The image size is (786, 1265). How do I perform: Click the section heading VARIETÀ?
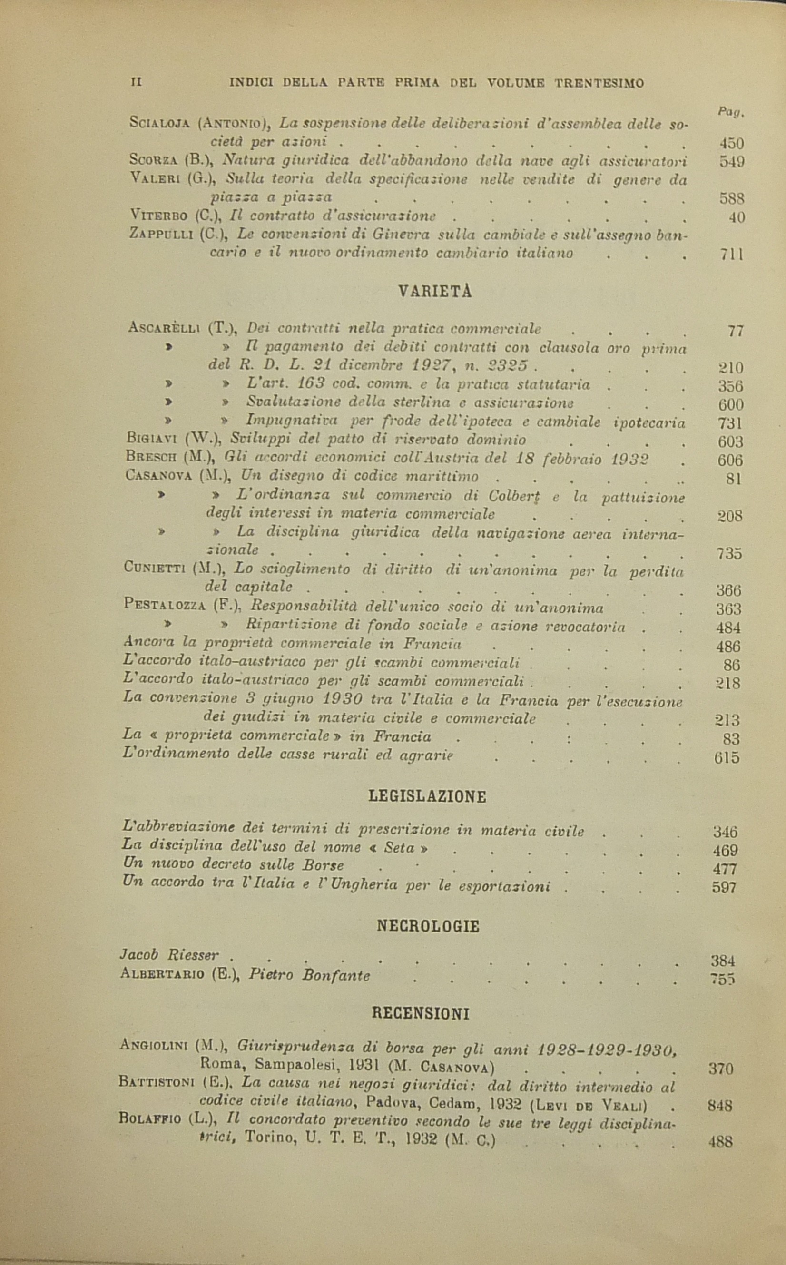pyautogui.click(x=434, y=292)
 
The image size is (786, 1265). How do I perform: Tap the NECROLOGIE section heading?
pyautogui.click(x=427, y=926)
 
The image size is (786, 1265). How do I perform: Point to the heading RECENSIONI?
pyautogui.click(x=421, y=1013)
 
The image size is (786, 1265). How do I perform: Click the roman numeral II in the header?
pyautogui.click(x=136, y=82)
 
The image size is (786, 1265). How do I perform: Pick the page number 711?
pyautogui.click(x=732, y=254)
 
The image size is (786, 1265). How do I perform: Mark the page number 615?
pyautogui.click(x=727, y=758)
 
